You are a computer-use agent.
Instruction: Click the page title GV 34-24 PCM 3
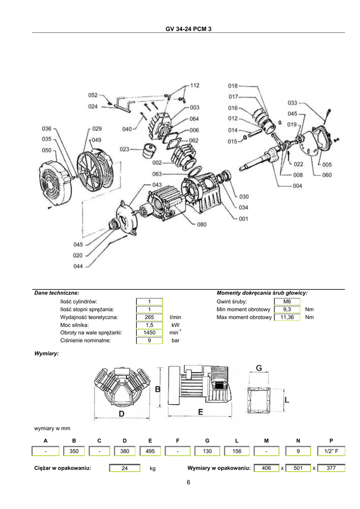pyautogui.click(x=188, y=29)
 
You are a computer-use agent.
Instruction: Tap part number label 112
pyautogui.click(x=195, y=85)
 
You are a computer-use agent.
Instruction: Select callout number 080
pyautogui.click(x=201, y=224)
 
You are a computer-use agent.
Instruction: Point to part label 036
pyautogui.click(x=47, y=129)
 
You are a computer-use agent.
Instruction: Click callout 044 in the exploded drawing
pyautogui.click(x=78, y=266)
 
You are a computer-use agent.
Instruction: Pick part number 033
pyautogui.click(x=292, y=102)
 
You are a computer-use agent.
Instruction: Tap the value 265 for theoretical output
pyautogui.click(x=149, y=317)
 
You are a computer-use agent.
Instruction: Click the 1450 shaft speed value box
pyautogui.click(x=149, y=333)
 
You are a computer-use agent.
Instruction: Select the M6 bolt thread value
pyautogui.click(x=287, y=302)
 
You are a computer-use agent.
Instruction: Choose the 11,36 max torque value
pyautogui.click(x=287, y=317)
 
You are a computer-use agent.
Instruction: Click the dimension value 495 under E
pyautogui.click(x=150, y=451)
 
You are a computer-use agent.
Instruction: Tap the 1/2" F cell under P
pyautogui.click(x=331, y=451)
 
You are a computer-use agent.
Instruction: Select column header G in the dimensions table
pyautogui.click(x=207, y=440)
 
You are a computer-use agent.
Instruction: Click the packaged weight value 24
pyautogui.click(x=125, y=468)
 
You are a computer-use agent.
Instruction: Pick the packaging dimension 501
pyautogui.click(x=298, y=468)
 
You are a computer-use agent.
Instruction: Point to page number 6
pyautogui.click(x=188, y=482)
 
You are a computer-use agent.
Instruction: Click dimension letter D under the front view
pyautogui.click(x=121, y=414)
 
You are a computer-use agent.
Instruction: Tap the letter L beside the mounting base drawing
pyautogui.click(x=287, y=400)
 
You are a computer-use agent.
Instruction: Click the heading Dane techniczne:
pyautogui.click(x=57, y=293)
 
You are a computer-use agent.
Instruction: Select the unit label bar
pyautogui.click(x=176, y=340)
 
